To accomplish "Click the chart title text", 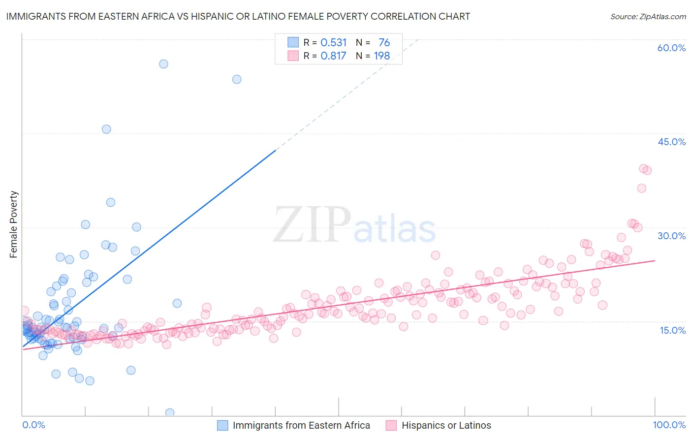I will point(238,17).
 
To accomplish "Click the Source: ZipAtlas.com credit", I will point(648,17).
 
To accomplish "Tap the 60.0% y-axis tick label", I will point(671,48).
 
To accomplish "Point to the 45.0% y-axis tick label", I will point(671,142).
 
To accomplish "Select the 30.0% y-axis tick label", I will point(671,236).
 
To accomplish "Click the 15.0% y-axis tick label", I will point(672,330).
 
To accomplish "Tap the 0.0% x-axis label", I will point(33,425).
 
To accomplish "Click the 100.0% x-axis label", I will point(669,425).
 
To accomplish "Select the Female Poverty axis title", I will point(14,224).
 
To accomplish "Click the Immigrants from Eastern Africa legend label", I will point(301,425).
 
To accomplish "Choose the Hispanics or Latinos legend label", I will point(446,425).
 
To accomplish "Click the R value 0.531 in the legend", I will point(334,43).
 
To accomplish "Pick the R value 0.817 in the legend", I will point(334,56).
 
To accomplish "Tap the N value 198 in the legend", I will point(382,56).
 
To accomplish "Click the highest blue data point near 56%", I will point(163,64).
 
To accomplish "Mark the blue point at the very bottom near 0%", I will point(170,412).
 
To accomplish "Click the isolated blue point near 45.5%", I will point(106,129).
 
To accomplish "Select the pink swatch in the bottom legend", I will point(391,425).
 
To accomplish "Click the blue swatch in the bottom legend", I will point(222,425).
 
